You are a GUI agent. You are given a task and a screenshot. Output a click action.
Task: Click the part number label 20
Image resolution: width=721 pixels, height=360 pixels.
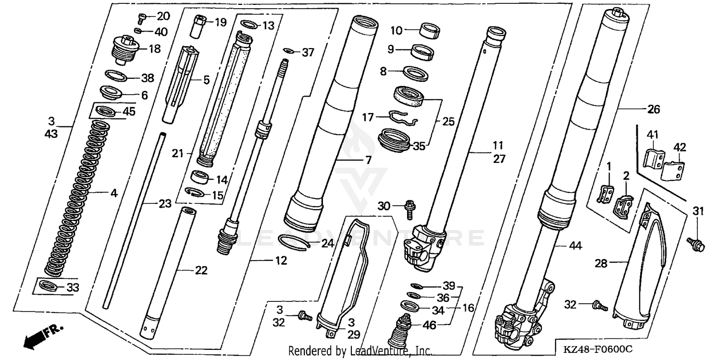click(x=163, y=16)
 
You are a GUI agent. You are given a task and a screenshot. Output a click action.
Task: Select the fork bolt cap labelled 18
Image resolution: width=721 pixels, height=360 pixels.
click(x=124, y=50)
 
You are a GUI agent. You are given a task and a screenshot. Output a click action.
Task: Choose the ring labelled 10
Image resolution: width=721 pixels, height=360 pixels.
click(x=430, y=30)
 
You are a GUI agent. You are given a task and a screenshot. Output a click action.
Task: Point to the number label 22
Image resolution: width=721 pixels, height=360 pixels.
click(x=201, y=271)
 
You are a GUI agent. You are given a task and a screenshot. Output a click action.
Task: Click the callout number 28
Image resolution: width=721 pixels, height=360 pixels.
click(x=601, y=263)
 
